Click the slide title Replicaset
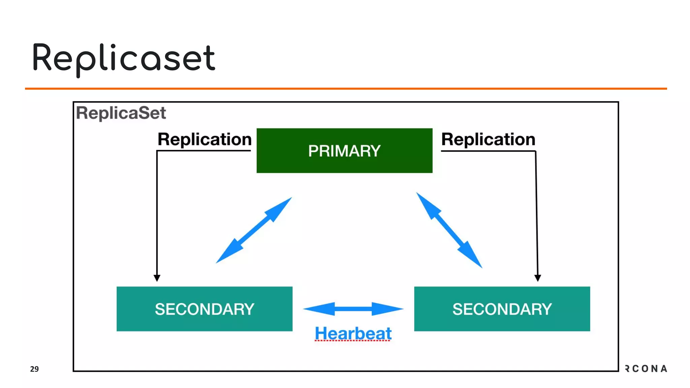click(123, 58)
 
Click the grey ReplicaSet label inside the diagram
click(121, 113)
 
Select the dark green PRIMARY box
click(344, 165)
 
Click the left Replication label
click(205, 139)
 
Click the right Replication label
click(488, 139)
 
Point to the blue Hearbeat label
click(353, 333)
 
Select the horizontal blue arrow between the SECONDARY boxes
click(353, 309)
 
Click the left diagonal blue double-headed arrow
click(254, 230)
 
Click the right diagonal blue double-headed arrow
click(449, 230)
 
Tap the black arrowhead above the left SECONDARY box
click(157, 278)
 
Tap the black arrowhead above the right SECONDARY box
click(538, 278)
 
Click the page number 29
click(34, 369)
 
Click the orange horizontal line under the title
click(346, 89)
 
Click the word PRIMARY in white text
click(344, 151)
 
